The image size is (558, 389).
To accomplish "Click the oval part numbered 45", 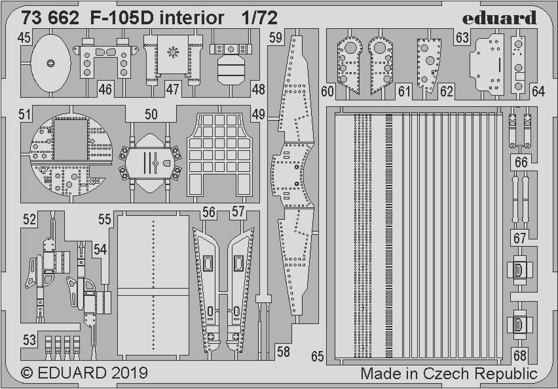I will point(50,62).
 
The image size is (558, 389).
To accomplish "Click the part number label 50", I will point(151,115).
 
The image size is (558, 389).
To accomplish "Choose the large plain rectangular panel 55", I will point(153,285).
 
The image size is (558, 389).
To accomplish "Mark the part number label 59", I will point(275,39).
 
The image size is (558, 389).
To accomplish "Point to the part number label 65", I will point(318,357).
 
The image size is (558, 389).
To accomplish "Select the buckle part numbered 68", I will point(519,323).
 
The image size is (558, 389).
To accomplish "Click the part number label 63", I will point(462,39).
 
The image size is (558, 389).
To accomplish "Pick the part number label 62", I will point(447,92).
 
